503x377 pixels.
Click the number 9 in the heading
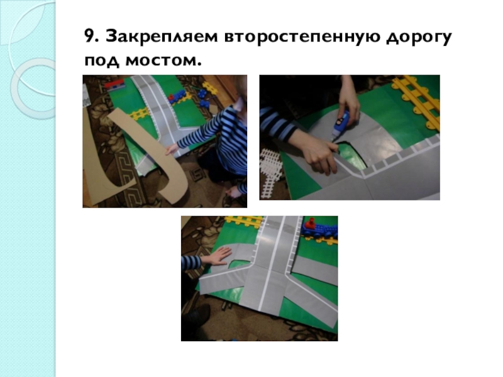89,36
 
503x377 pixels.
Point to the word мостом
163,60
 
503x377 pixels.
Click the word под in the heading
102,61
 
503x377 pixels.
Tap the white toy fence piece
270,173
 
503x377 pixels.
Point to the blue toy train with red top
319,228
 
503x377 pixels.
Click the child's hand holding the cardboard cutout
172,150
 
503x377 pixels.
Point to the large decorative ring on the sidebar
34,89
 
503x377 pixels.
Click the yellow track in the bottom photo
244,221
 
